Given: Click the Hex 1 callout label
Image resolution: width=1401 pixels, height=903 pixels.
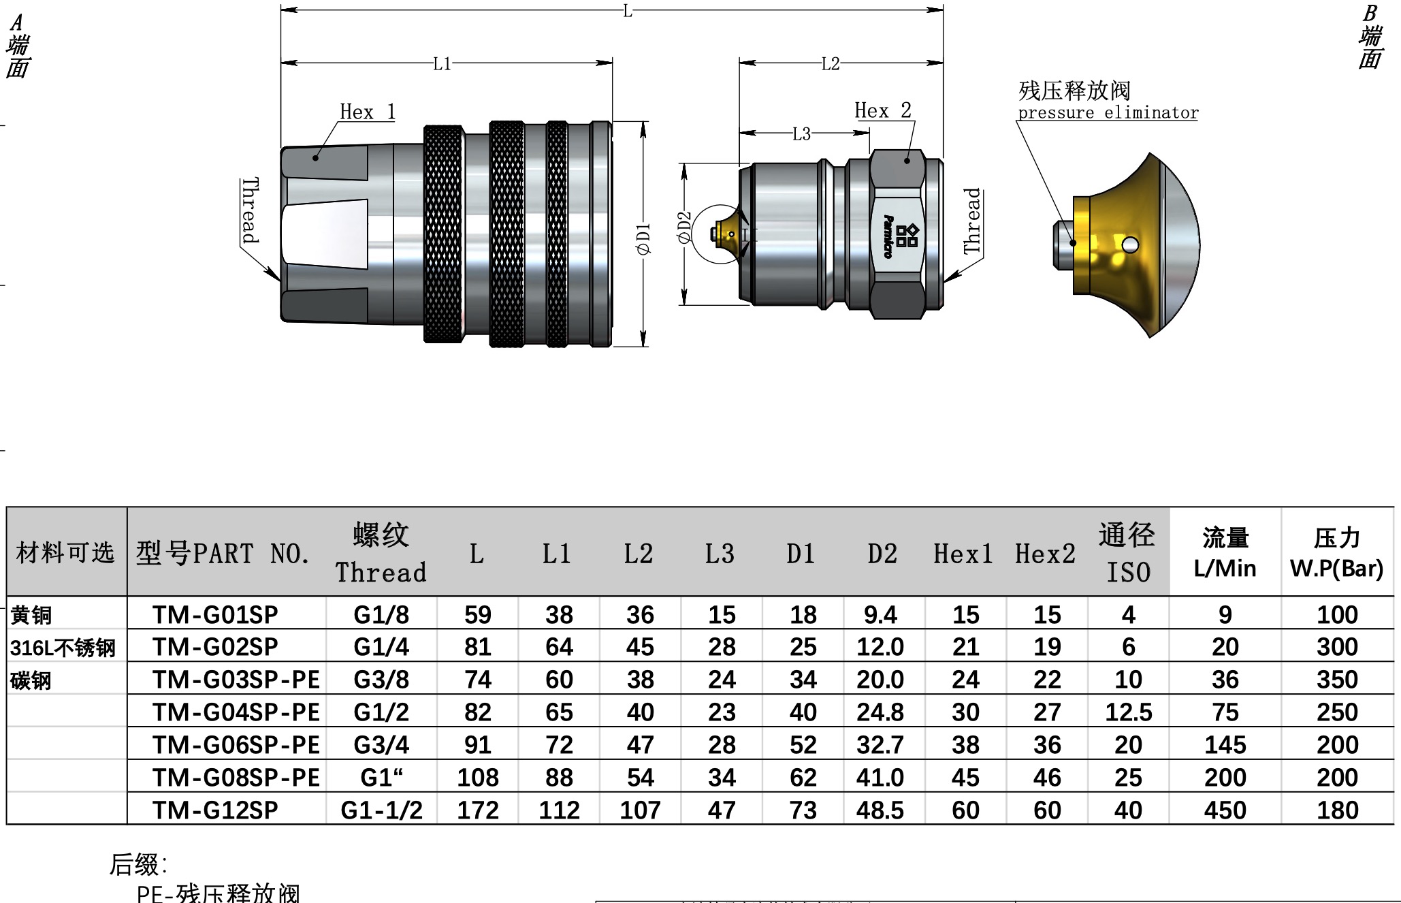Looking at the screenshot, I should click(367, 112).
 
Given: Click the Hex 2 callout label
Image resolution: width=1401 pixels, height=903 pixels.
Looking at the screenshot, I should click(882, 110).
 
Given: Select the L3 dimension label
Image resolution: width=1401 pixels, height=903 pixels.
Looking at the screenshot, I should click(801, 134).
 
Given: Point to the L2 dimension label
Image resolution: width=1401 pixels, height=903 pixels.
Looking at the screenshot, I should click(830, 64).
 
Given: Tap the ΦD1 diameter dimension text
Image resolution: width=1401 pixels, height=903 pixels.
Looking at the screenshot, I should click(643, 238).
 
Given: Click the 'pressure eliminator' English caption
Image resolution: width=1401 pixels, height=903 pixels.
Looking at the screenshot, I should click(1108, 113).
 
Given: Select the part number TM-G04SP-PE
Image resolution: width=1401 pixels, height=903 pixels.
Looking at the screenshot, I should click(236, 712).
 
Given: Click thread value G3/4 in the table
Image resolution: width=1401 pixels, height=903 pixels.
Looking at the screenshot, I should click(381, 745).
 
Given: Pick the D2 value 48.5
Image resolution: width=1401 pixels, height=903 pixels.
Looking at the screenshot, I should click(880, 810).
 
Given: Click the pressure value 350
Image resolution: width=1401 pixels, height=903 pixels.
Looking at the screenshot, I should click(1336, 680).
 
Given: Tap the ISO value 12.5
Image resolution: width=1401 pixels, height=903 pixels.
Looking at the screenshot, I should click(1128, 712).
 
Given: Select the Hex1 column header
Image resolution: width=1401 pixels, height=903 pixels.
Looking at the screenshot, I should click(963, 554).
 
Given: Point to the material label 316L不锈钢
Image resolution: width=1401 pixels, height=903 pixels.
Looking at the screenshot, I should click(63, 648).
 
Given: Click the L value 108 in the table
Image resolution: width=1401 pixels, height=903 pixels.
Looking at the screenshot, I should click(477, 778).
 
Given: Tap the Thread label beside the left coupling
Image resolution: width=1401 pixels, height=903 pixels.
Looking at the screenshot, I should click(251, 210).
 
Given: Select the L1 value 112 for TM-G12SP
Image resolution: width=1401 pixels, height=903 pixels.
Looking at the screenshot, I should click(558, 810).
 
